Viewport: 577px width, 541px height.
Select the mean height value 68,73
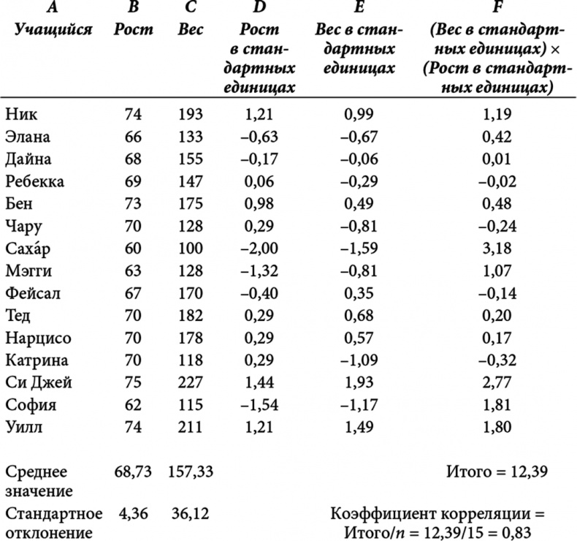point(132,472)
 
